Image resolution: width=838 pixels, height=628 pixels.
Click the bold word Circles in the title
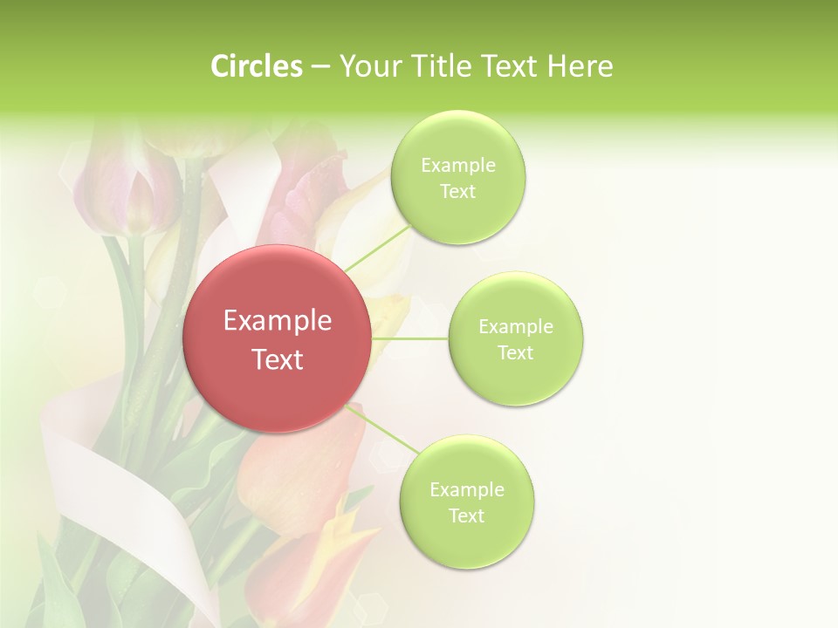257,66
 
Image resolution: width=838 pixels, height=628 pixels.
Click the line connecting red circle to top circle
377,248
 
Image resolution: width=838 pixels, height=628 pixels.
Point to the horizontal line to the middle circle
410,338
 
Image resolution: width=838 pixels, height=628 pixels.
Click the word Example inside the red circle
277,321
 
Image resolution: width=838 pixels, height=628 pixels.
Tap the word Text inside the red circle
277,359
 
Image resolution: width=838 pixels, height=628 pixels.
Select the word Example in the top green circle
457,166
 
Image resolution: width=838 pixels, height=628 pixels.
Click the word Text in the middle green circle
515,352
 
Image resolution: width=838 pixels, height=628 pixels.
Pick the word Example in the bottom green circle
466,489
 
